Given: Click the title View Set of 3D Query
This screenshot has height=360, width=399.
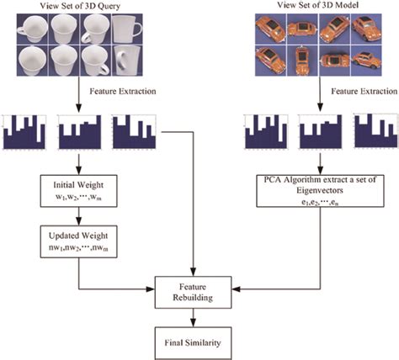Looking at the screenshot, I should click(x=77, y=7).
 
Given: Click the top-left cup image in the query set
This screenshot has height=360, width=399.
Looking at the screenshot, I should click(x=24, y=29).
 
